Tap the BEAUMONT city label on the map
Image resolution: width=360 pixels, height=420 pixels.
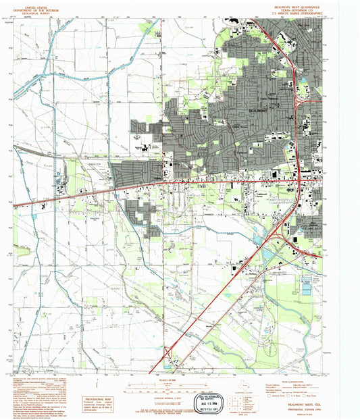(x=259, y=110)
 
